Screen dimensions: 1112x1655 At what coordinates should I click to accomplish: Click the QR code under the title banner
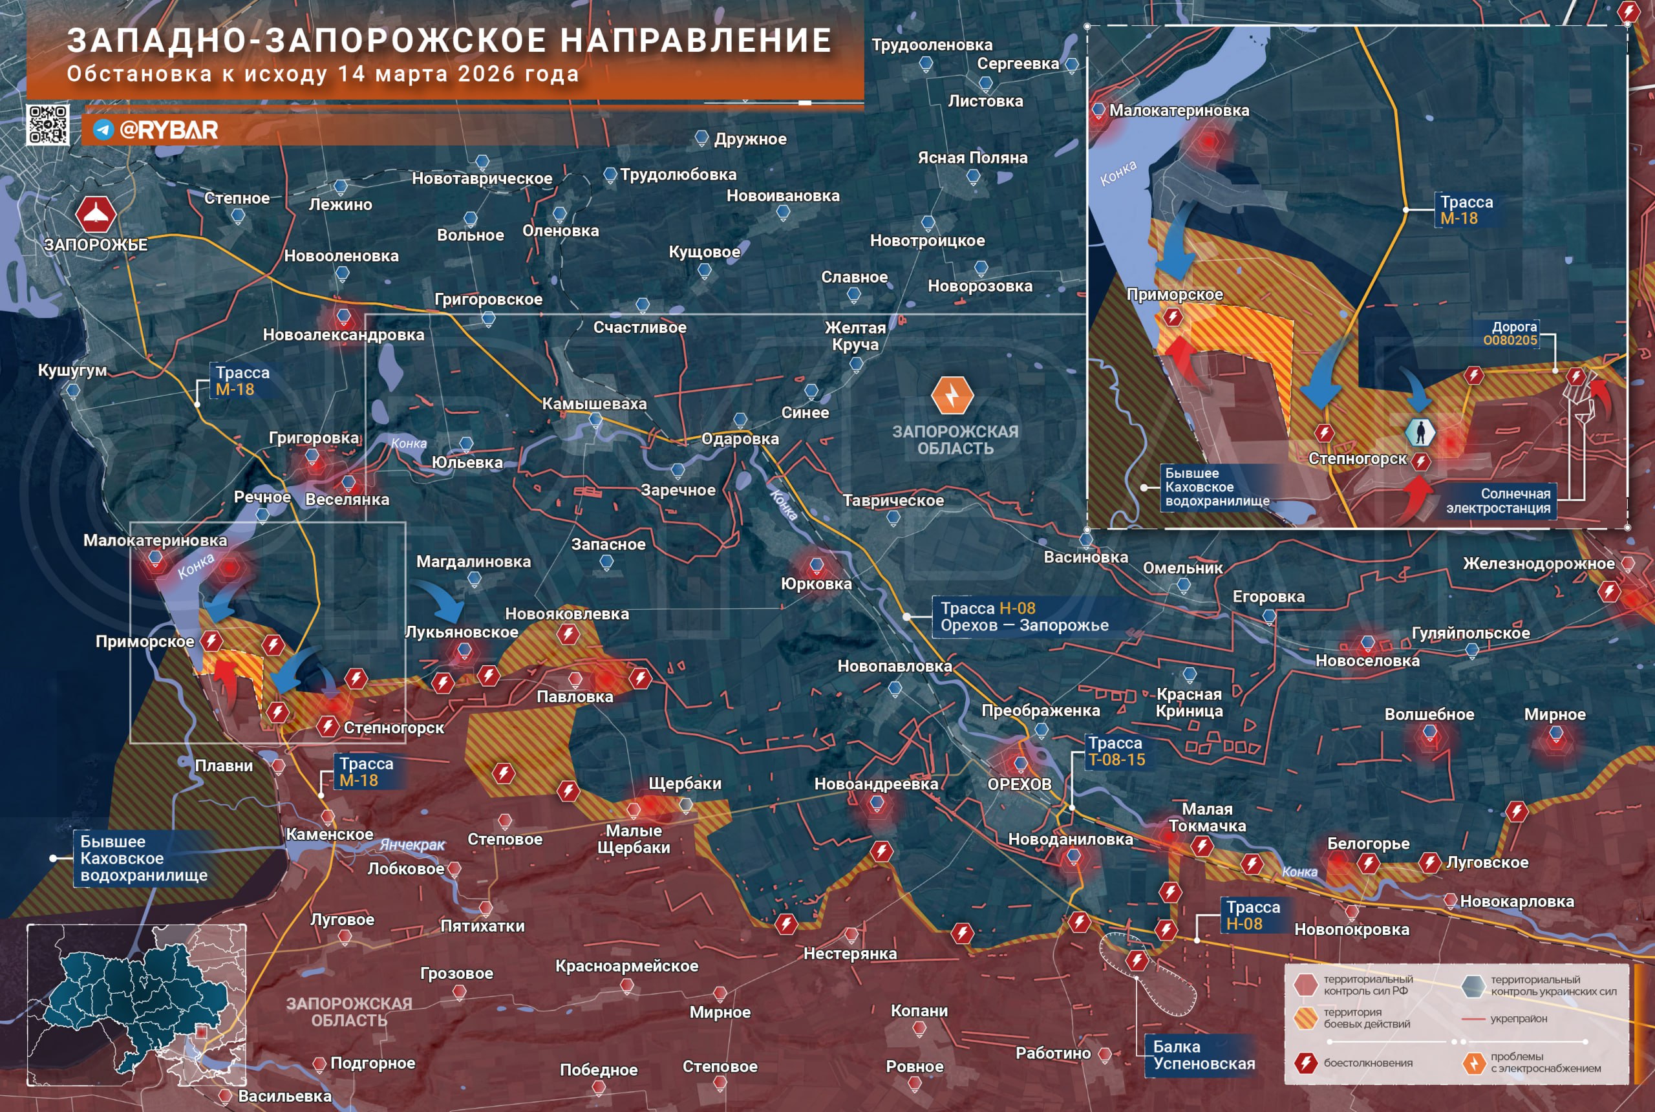coord(47,125)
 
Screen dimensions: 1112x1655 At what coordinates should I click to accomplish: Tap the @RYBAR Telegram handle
coord(168,130)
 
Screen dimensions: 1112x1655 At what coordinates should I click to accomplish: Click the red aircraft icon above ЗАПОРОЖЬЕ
coord(96,214)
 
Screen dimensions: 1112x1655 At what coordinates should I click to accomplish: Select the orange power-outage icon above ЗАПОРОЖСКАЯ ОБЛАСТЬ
coord(952,395)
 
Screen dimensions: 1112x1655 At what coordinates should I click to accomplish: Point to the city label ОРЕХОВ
coord(1019,784)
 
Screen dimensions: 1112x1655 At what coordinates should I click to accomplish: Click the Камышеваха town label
coord(594,403)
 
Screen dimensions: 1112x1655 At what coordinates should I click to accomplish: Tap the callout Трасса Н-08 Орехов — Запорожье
coord(1023,616)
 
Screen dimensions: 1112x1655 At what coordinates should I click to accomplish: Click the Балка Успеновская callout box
coord(1203,1054)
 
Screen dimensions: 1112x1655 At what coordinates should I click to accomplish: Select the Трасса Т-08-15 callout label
coord(1116,751)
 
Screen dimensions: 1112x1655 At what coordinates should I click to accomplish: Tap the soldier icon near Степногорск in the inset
coord(1420,431)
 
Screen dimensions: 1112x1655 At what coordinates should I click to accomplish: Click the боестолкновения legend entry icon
coord(1305,1062)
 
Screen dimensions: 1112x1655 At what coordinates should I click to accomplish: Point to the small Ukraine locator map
coord(136,1004)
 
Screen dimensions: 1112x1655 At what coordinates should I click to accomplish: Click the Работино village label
coord(1052,1053)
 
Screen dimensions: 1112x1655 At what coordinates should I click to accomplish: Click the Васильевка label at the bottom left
coord(284,1096)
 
